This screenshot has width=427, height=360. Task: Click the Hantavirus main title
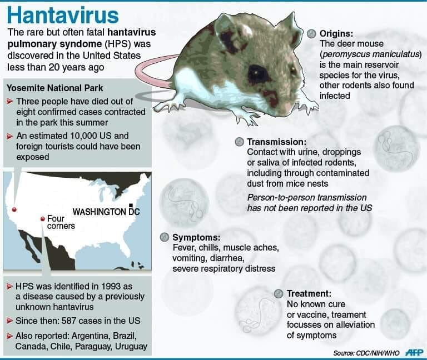pyautogui.click(x=63, y=15)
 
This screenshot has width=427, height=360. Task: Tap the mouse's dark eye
pyautogui.click(x=257, y=72)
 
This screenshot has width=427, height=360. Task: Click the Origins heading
pyautogui.click(x=336, y=33)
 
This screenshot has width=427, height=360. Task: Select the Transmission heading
pyautogui.click(x=277, y=142)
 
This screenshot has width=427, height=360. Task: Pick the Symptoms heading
pyautogui.click(x=196, y=237)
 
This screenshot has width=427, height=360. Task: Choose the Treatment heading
pyautogui.click(x=309, y=293)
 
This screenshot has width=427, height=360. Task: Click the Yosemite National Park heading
pyautogui.click(x=54, y=88)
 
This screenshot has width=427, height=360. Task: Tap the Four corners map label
pyautogui.click(x=61, y=222)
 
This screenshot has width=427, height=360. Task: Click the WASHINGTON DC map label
pyautogui.click(x=106, y=212)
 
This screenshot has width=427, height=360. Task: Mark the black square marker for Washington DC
pyautogui.click(x=131, y=205)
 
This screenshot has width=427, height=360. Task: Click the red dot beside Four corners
pyautogui.click(x=42, y=219)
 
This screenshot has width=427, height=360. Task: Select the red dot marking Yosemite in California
pyautogui.click(x=14, y=209)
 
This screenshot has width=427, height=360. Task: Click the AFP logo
pyautogui.click(x=414, y=352)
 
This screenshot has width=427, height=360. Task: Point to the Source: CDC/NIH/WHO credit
pyautogui.click(x=366, y=353)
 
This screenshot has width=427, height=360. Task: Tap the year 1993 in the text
pyautogui.click(x=111, y=286)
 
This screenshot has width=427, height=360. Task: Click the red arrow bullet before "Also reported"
pyautogui.click(x=10, y=336)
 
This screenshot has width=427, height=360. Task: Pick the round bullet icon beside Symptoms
pyautogui.click(x=165, y=237)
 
